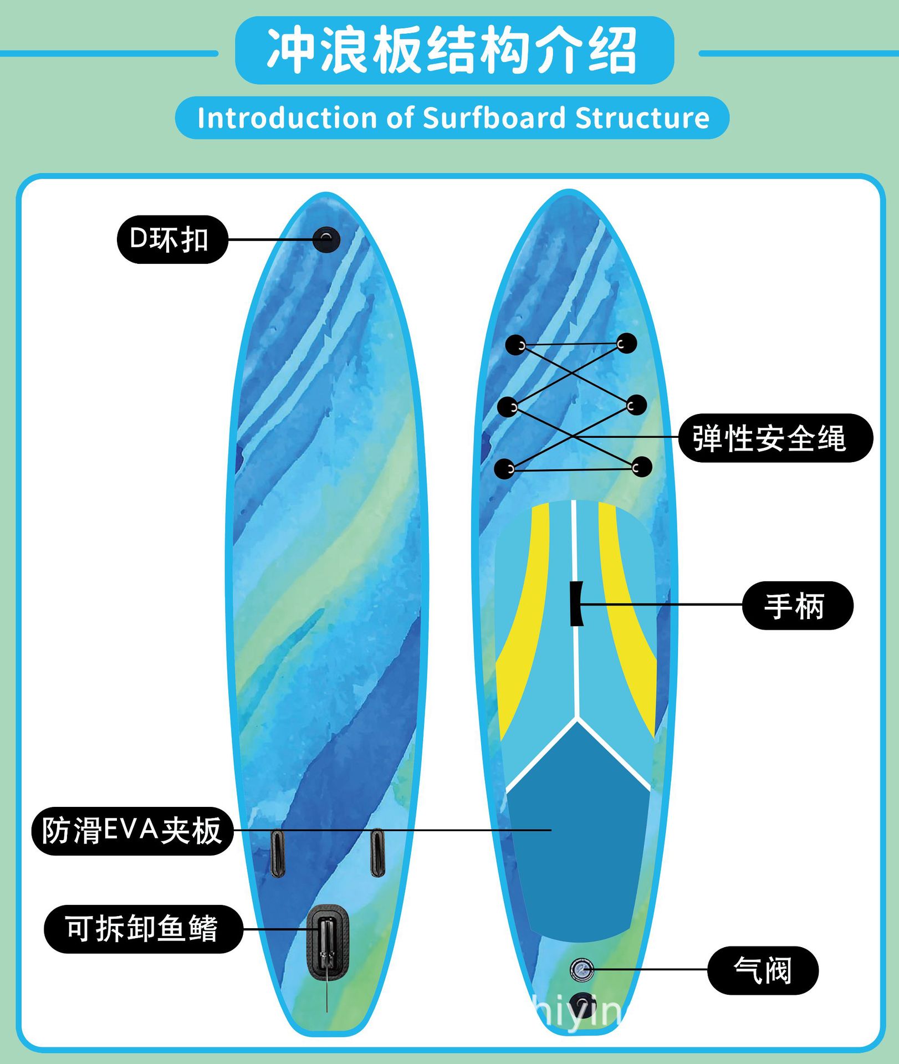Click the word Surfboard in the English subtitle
tap(494, 118)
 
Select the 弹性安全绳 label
tap(775, 438)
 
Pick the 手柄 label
tap(797, 605)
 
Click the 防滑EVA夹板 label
tap(132, 831)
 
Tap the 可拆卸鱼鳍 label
tap(143, 929)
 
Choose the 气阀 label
tap(763, 970)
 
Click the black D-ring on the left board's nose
tap(326, 239)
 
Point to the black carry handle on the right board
tap(576, 603)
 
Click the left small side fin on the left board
tap(278, 853)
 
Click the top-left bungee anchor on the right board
tap(515, 345)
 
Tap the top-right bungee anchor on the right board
tap(626, 343)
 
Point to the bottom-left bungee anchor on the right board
tap(504, 469)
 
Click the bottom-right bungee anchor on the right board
tap(641, 467)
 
